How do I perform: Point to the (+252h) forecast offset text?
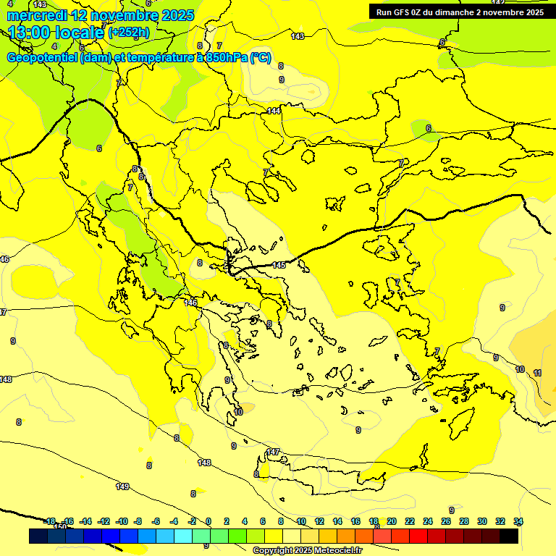coord(128,33)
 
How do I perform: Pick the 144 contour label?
coord(274,111)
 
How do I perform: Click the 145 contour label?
coord(279,266)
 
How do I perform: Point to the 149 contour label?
coord(122,486)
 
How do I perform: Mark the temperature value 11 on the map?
coord(537,373)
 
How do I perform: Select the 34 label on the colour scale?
coord(518,521)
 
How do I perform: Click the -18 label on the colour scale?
coord(49,521)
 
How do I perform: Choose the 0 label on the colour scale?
coord(208,521)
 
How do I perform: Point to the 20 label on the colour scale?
coord(392,521)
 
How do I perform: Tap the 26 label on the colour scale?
coord(446,521)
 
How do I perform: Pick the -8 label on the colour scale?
coord(138,521)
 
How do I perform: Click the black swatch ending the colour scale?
coord(509,536)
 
